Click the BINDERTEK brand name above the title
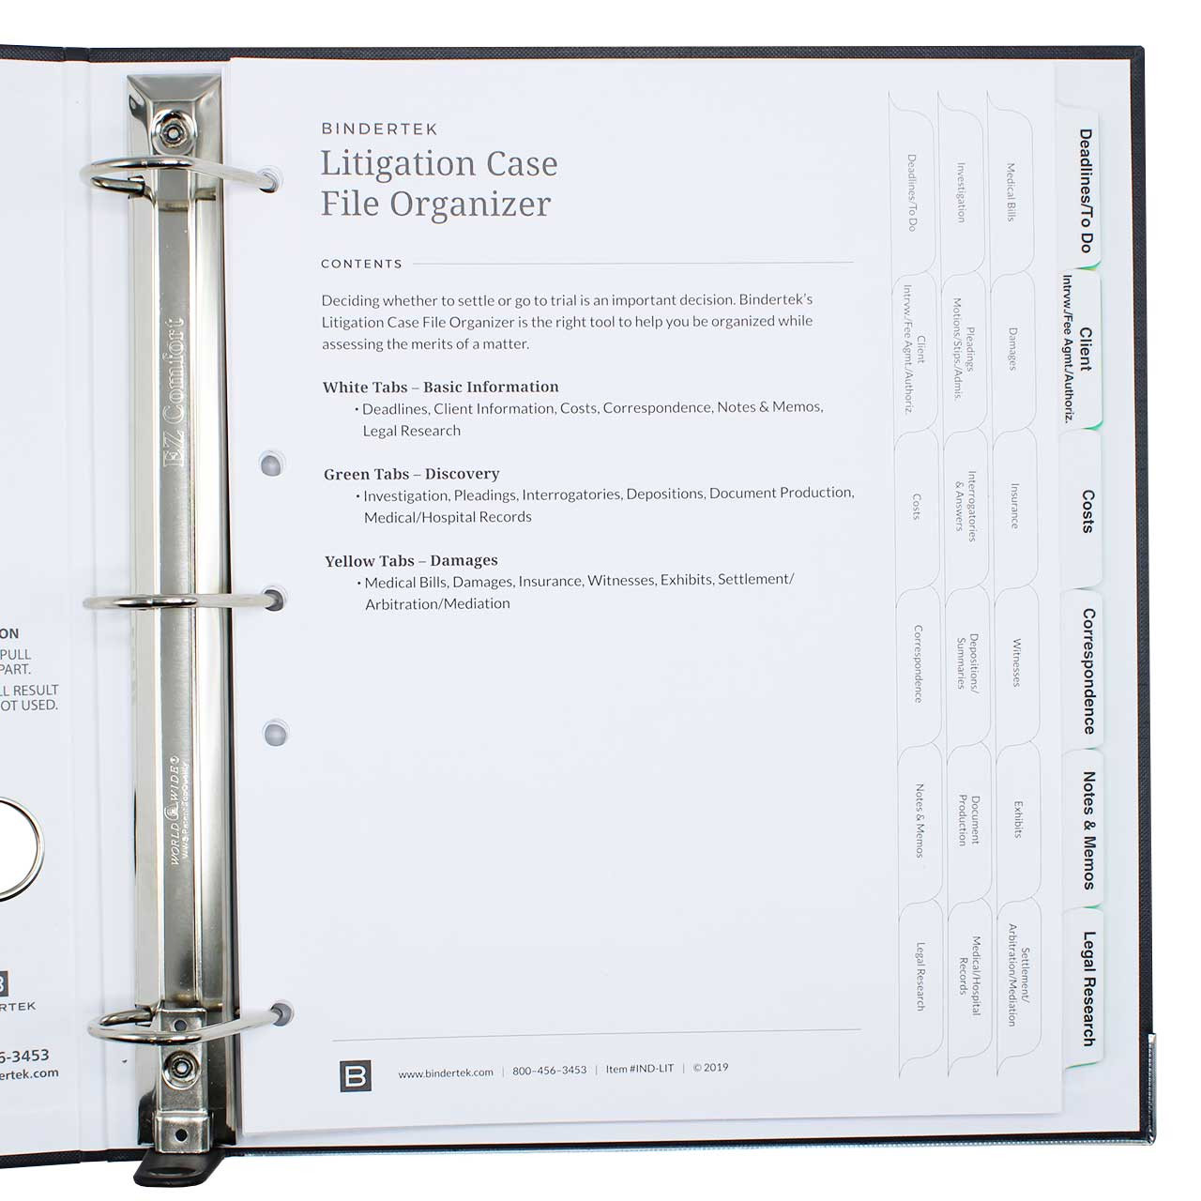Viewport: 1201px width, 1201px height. (379, 129)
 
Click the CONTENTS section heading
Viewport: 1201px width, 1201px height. (361, 265)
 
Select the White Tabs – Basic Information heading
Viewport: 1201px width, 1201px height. (440, 387)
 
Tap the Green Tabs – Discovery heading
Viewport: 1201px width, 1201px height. (411, 474)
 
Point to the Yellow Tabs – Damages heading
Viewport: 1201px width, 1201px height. (411, 561)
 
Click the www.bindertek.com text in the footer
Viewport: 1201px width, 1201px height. (446, 1072)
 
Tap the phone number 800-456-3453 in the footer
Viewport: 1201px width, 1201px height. (549, 1071)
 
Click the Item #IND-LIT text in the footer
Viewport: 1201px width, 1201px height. (639, 1069)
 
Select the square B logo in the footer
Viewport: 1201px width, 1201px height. (356, 1076)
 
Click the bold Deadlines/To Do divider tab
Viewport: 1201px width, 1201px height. (1085, 190)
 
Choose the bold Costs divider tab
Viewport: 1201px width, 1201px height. (1087, 511)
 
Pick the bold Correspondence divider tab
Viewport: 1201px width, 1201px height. (1088, 671)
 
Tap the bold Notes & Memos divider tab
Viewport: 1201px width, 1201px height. (1088, 830)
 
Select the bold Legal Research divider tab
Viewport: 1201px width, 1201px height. (1088, 988)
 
